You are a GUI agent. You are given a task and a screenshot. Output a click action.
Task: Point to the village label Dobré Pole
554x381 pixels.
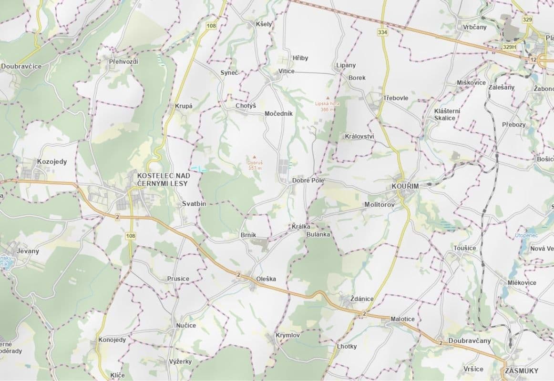[x=308, y=180]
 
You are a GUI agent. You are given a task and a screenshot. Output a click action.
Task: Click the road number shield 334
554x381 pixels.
[x=382, y=32]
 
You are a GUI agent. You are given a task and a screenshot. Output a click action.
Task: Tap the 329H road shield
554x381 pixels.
[x=509, y=48]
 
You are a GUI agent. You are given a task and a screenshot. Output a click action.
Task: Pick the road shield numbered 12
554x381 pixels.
[x=533, y=59]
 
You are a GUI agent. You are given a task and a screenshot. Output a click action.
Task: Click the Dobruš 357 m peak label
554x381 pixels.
[x=255, y=165]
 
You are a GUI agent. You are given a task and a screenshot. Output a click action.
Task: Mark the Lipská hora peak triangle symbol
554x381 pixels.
[x=327, y=97]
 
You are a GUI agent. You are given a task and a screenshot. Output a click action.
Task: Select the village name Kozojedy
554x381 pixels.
[x=52, y=161]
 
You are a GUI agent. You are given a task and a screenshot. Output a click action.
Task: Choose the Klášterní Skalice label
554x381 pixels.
[x=447, y=114]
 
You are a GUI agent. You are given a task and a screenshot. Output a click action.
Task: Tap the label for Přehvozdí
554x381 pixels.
[x=123, y=61]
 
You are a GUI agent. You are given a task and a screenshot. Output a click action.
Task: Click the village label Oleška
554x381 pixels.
[x=266, y=279]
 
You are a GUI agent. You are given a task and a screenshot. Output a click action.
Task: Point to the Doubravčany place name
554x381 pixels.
[x=469, y=341]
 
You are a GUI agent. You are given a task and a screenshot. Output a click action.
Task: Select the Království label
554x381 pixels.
[x=359, y=136]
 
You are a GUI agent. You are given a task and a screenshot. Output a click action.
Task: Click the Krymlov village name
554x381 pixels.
[x=287, y=336]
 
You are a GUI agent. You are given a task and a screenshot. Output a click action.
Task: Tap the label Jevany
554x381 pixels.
[x=28, y=251]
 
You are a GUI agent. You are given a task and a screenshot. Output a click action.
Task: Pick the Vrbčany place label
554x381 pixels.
[x=474, y=27]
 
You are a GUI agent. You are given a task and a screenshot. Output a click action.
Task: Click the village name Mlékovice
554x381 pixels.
[x=522, y=282]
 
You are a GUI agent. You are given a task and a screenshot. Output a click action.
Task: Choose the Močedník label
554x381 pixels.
[x=278, y=114]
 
